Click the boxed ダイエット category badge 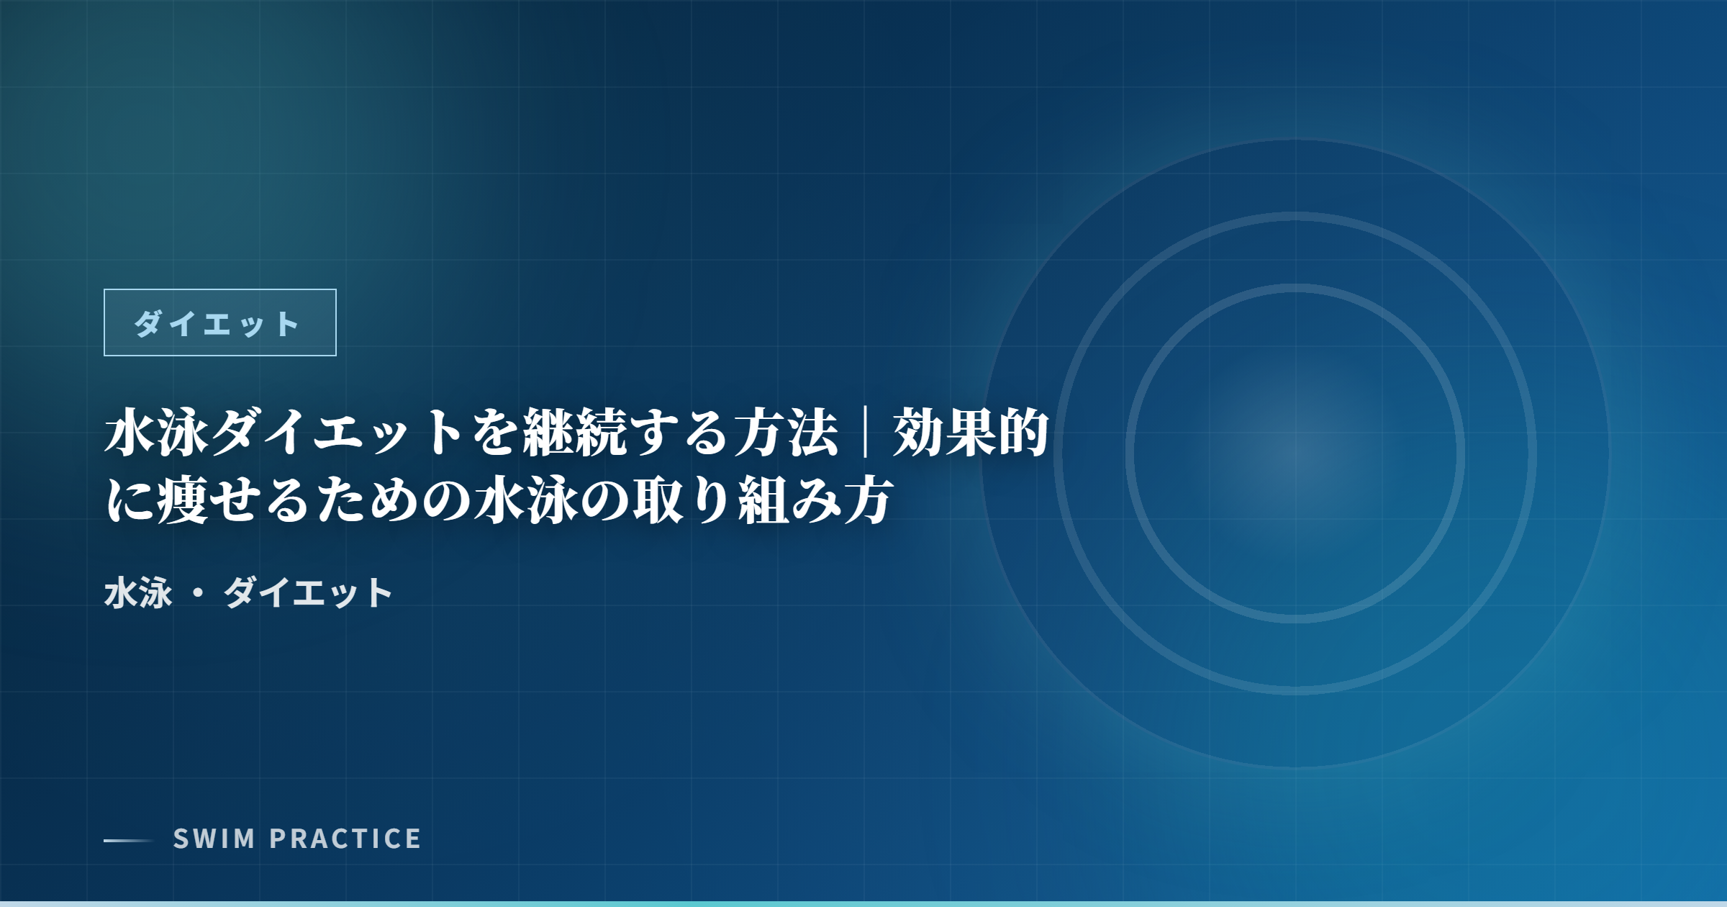click(220, 322)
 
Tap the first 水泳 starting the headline click(157, 433)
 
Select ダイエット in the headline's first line click(337, 433)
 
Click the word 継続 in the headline click(574, 433)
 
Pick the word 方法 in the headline click(786, 433)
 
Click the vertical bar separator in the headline click(865, 433)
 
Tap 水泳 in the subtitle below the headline click(138, 593)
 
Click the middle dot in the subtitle click(198, 594)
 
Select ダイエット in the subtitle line click(308, 593)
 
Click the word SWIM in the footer click(214, 839)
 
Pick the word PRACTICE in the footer click(345, 839)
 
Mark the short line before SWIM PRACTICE click(129, 840)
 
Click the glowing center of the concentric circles click(1295, 453)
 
